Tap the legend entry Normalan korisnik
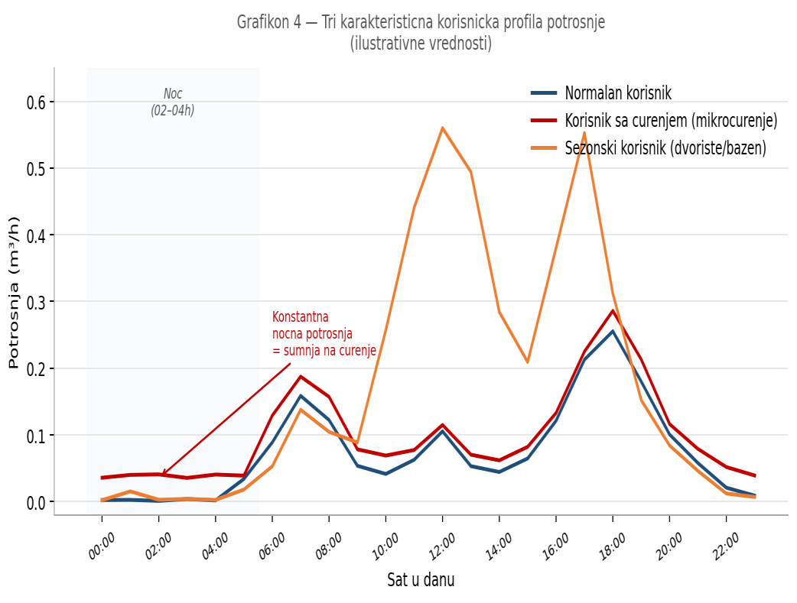(x=617, y=93)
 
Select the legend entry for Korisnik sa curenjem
(x=670, y=120)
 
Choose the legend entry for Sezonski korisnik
(x=665, y=148)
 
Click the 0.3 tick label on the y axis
(x=36, y=302)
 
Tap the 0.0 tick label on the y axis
(x=36, y=502)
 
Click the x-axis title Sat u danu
(x=421, y=579)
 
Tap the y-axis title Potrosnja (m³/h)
(x=14, y=292)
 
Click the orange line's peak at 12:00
(x=442, y=128)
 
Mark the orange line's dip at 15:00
(x=528, y=361)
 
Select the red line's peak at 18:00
(x=613, y=310)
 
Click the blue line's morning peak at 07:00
(x=301, y=396)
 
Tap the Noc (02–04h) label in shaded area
(x=173, y=102)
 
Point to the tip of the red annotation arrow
(x=161, y=475)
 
